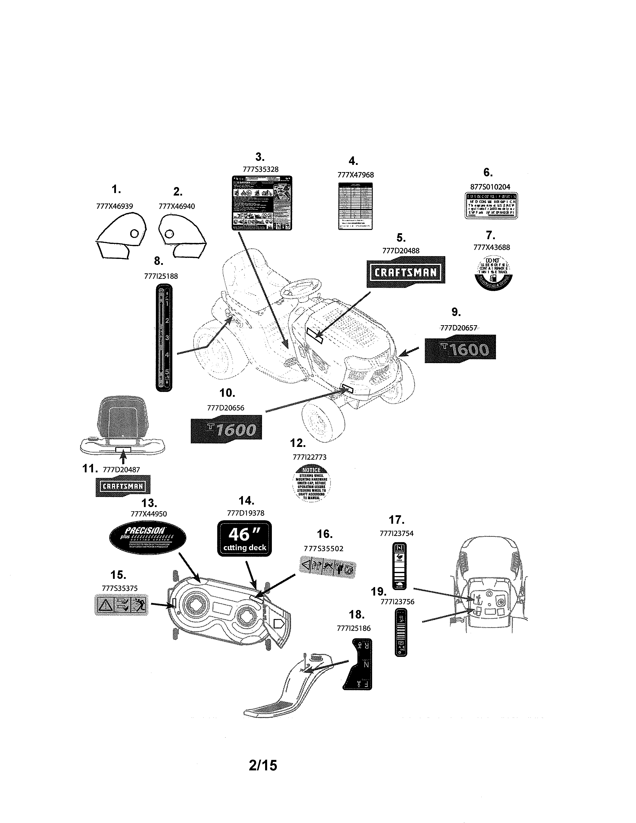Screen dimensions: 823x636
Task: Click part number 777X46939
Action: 114,206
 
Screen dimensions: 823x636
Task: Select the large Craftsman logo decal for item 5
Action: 406,272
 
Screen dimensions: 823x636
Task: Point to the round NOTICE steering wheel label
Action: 311,485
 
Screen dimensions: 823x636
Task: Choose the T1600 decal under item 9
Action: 460,349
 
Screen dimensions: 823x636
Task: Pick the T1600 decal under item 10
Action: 226,429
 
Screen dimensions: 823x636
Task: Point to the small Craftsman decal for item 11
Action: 123,486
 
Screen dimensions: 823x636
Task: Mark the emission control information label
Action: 491,205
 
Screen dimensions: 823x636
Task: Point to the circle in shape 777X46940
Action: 170,234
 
